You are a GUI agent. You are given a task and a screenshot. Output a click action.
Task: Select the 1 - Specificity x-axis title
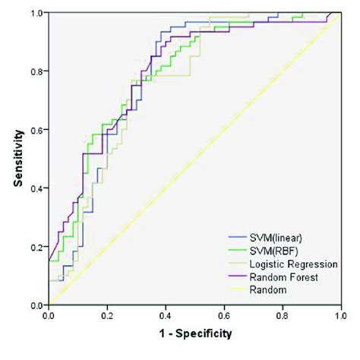coord(194,333)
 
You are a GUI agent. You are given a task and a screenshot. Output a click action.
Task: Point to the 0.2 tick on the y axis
coord(34,247)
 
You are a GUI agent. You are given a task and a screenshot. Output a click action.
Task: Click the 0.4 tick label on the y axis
coord(34,188)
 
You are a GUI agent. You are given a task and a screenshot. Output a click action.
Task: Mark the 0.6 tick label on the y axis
coord(34,130)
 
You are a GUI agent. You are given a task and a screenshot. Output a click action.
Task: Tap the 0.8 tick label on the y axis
coord(34,71)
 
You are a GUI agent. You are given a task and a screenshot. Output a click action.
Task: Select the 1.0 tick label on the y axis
coord(34,13)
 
